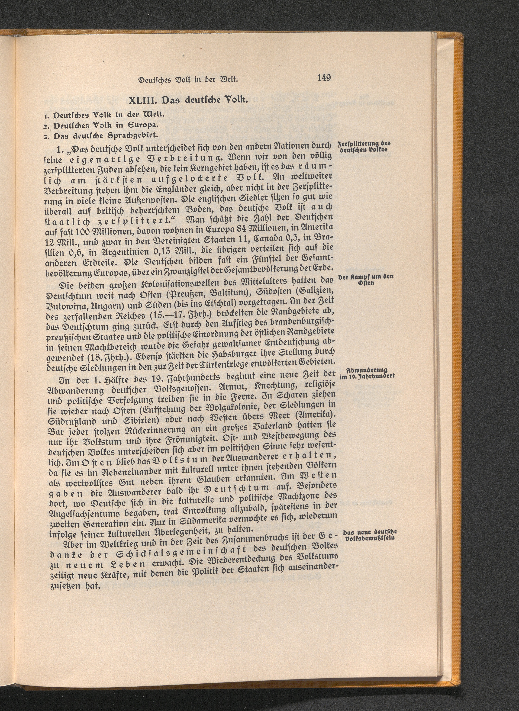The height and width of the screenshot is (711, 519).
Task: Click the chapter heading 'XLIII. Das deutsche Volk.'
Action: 188,101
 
